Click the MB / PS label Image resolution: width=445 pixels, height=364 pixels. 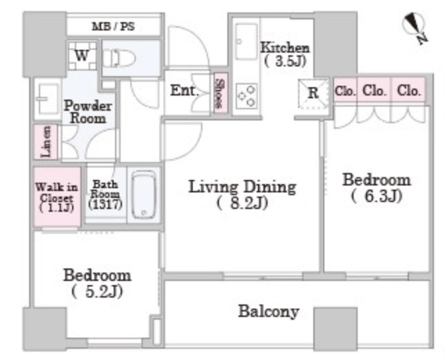coord(113,26)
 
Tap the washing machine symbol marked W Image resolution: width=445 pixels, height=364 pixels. coord(82,55)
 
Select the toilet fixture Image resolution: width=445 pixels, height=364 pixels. coord(119,58)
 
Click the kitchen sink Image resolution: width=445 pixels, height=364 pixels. coord(246,42)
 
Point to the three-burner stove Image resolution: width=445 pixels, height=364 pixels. coord(246,96)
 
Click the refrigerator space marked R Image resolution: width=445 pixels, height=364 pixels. coord(313,93)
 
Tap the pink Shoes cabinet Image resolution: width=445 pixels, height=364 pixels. coord(220,93)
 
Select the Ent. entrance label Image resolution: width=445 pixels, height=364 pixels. coord(183,91)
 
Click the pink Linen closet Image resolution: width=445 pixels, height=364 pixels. coord(46,141)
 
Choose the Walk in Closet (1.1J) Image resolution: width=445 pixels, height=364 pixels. coord(58,197)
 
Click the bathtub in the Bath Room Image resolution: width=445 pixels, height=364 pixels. coord(144,194)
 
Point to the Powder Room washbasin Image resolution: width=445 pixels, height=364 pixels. coord(47,99)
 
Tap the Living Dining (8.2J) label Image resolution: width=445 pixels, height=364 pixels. coord(242,194)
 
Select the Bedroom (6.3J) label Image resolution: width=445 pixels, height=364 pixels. coord(376,188)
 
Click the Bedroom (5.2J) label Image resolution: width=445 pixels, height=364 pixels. coord(97,283)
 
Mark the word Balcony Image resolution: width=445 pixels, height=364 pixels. coord(268,311)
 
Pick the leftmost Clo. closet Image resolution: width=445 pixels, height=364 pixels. coord(344,89)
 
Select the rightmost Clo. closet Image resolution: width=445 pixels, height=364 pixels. coord(408,89)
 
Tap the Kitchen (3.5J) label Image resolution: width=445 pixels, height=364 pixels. coord(285,55)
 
